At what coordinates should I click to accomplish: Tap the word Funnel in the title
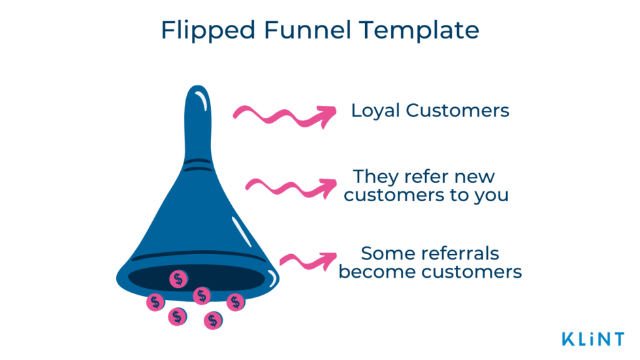(x=291, y=31)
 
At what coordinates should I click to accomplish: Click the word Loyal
(x=376, y=111)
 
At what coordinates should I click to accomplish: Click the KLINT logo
(x=592, y=339)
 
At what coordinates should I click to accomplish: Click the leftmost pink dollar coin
(x=155, y=302)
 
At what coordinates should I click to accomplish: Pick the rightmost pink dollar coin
(x=235, y=302)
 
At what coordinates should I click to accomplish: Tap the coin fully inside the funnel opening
(x=178, y=279)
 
